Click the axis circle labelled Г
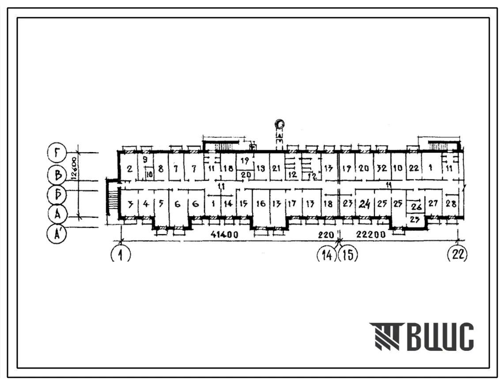click(x=56, y=153)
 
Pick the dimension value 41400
click(x=224, y=235)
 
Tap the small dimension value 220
click(x=326, y=235)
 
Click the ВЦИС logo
click(x=422, y=337)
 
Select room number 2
click(x=130, y=168)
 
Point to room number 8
click(x=160, y=168)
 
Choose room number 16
click(x=261, y=204)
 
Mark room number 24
click(x=364, y=204)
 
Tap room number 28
click(x=450, y=204)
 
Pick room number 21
click(x=276, y=168)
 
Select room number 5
click(x=161, y=204)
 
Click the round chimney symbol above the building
click(x=280, y=124)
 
